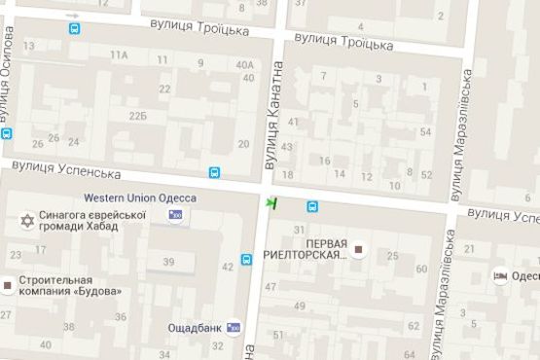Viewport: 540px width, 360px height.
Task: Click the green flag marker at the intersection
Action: click(x=272, y=202)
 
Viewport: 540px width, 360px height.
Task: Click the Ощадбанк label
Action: click(x=195, y=327)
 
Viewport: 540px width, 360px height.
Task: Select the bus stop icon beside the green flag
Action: click(x=313, y=206)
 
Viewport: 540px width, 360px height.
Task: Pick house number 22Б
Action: click(x=137, y=116)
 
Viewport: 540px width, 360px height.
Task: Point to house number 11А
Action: click(x=119, y=55)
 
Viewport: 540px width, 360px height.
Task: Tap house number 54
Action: click(x=425, y=131)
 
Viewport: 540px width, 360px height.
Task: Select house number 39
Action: click(x=167, y=262)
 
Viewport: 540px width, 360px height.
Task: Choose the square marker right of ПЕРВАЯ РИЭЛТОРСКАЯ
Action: click(x=358, y=250)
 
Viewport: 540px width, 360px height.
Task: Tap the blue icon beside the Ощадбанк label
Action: click(x=233, y=328)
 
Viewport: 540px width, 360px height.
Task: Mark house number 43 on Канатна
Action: click(x=287, y=146)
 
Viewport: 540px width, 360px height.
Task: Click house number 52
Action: click(x=427, y=175)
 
